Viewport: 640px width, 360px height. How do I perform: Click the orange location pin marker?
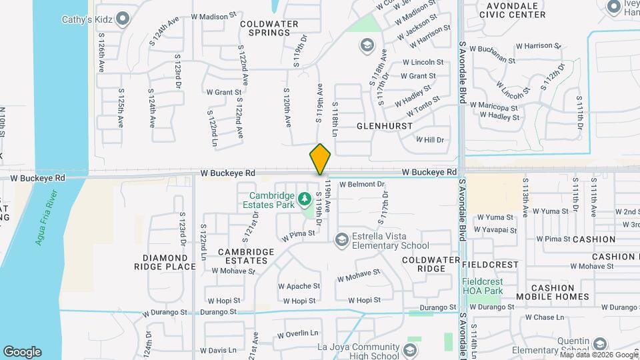point(320,160)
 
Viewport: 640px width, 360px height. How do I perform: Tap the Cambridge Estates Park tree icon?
point(304,198)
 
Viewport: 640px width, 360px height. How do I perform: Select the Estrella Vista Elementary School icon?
point(341,239)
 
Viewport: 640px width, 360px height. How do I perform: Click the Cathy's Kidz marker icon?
point(122,18)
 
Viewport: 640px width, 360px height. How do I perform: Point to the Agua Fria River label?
point(47,217)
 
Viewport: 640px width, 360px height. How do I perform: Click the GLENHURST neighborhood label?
point(384,125)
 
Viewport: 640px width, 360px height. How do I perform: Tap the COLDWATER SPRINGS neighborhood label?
point(269,29)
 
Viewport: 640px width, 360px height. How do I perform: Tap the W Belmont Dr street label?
point(363,184)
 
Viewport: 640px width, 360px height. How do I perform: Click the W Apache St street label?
point(299,286)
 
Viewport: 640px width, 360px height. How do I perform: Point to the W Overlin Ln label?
point(298,333)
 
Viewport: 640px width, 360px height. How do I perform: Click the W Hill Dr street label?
point(429,140)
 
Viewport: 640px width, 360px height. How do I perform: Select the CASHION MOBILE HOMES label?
point(551,292)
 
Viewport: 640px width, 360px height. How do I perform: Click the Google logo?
point(22,352)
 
